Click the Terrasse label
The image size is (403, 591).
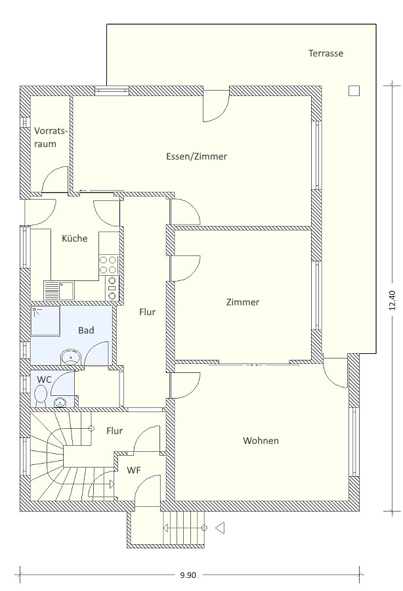point(326,53)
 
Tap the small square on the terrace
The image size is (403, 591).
point(354,91)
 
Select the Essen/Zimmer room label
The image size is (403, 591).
point(197,156)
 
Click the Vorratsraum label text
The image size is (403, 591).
point(51,137)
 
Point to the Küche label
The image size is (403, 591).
point(75,238)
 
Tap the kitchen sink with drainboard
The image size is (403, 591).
point(59,290)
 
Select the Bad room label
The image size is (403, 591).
point(86,330)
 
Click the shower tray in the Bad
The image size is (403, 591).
point(45,320)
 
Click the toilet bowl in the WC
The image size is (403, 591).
point(40,397)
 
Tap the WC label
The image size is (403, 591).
point(44,379)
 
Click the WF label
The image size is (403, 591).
point(134,470)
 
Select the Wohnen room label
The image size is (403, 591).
point(261,441)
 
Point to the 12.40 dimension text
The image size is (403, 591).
point(392,300)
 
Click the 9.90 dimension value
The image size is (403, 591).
point(188,575)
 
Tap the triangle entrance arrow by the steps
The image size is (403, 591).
point(220,528)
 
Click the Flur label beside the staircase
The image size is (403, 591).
point(114,431)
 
